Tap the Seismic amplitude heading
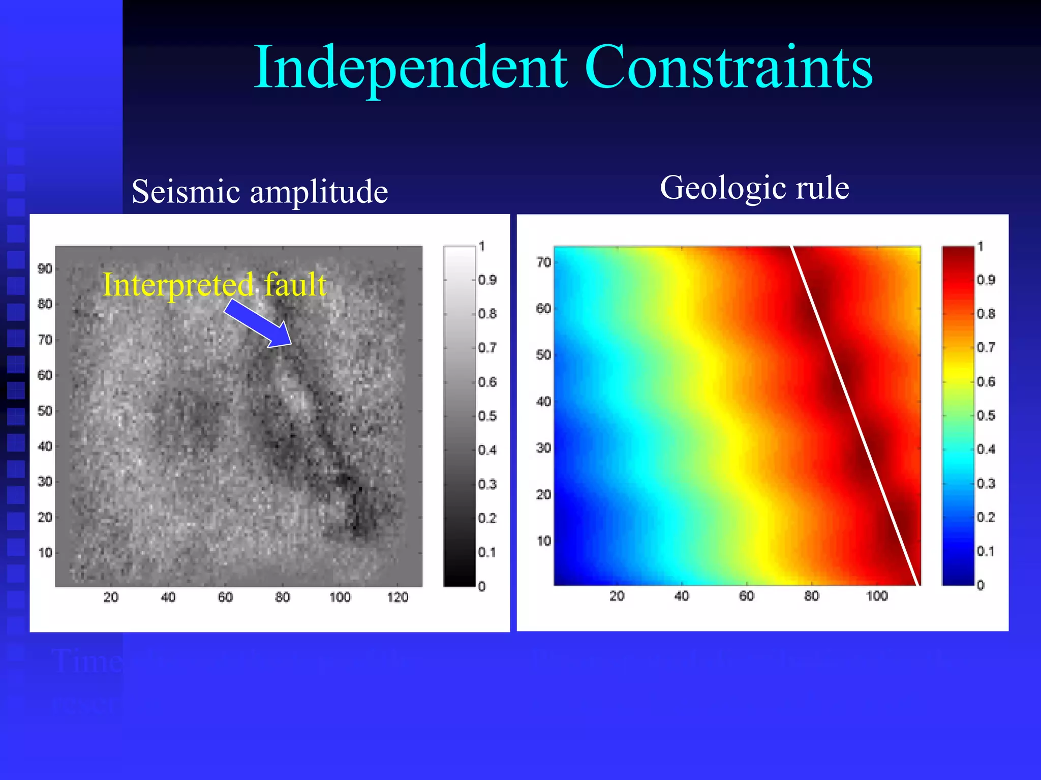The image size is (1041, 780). tap(260, 192)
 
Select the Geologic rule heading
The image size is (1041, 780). tap(754, 188)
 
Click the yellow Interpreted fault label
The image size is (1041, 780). tap(214, 285)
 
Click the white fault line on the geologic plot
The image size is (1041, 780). tap(854, 414)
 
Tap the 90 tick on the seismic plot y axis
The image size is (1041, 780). tap(45, 268)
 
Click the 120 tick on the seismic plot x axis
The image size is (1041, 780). tap(397, 597)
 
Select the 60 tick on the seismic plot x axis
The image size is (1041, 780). tap(225, 597)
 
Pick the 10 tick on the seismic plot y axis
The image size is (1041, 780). tap(45, 553)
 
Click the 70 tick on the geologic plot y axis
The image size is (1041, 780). tap(543, 262)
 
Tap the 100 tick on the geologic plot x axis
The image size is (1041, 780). tap(877, 596)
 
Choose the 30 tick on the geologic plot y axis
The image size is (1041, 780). tap(543, 448)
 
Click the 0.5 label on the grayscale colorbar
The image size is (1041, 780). tap(487, 416)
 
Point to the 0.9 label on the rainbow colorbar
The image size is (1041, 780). tap(986, 280)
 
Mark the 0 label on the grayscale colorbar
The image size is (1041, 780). tap(482, 587)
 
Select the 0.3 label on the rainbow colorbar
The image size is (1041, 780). tap(986, 483)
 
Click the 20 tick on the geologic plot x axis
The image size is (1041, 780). tap(617, 596)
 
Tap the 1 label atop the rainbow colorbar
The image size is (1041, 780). tap(981, 247)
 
